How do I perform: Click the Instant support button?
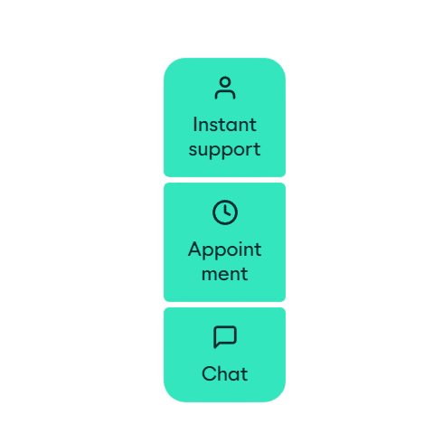coord(224,118)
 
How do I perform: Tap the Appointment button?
coord(224,242)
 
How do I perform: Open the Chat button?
coord(224,354)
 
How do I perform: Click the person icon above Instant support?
coord(225,88)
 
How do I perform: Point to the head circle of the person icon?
coord(225,81)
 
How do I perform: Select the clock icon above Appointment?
coord(225,212)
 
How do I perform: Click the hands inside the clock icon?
coord(227,211)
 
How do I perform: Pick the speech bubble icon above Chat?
coord(225,337)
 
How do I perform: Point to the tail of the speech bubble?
coord(216,345)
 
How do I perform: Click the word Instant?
coord(224,125)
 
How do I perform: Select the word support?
coord(224,150)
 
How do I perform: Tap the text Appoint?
coord(224,250)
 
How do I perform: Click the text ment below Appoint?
coord(224,274)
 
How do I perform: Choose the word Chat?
coord(225,373)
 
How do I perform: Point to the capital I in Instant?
coord(195,124)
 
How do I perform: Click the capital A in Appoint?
coord(195,249)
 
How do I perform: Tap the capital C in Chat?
coord(209,373)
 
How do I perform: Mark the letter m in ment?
coord(211,275)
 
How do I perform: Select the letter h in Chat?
coord(222,373)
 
